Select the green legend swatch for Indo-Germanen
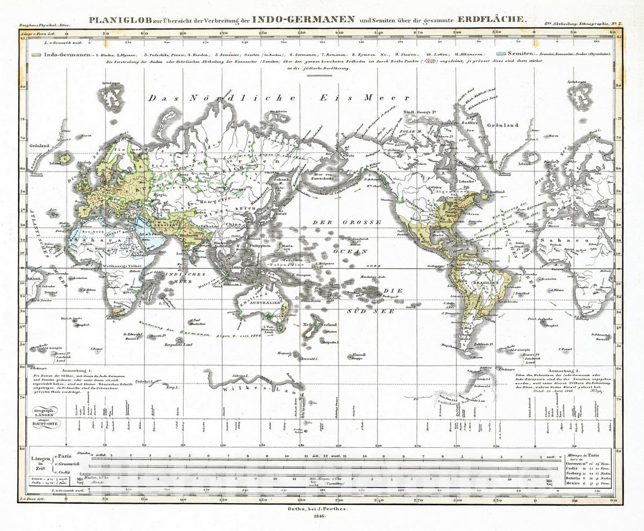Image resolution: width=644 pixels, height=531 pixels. (36, 55)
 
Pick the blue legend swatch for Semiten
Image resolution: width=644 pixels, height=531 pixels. (502, 55)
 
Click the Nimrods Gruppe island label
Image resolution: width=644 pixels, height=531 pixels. (358, 356)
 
